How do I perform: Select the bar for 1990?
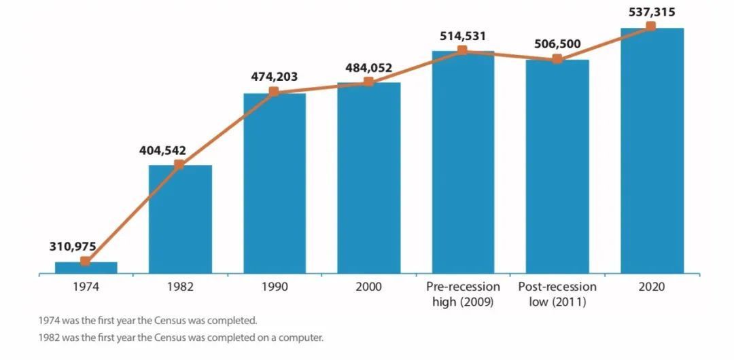[x=275, y=183]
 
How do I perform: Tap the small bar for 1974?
[x=86, y=268]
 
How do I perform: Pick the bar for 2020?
[x=652, y=151]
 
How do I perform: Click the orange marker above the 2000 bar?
[x=368, y=82]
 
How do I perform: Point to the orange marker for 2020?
[x=651, y=26]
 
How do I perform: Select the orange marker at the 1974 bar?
[x=85, y=262]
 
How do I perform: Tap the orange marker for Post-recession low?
[x=557, y=59]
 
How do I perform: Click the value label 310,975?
[x=73, y=246]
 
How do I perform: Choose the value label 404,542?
[x=162, y=151]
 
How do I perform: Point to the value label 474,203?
[x=275, y=77]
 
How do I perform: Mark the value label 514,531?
[x=462, y=36]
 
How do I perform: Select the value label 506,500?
[x=557, y=44]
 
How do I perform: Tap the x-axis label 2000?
[x=368, y=287]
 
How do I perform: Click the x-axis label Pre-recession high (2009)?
[x=463, y=293]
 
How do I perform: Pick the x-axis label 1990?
[x=275, y=287]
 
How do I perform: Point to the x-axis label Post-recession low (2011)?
[x=557, y=293]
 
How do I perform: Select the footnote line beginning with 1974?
[x=148, y=320]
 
